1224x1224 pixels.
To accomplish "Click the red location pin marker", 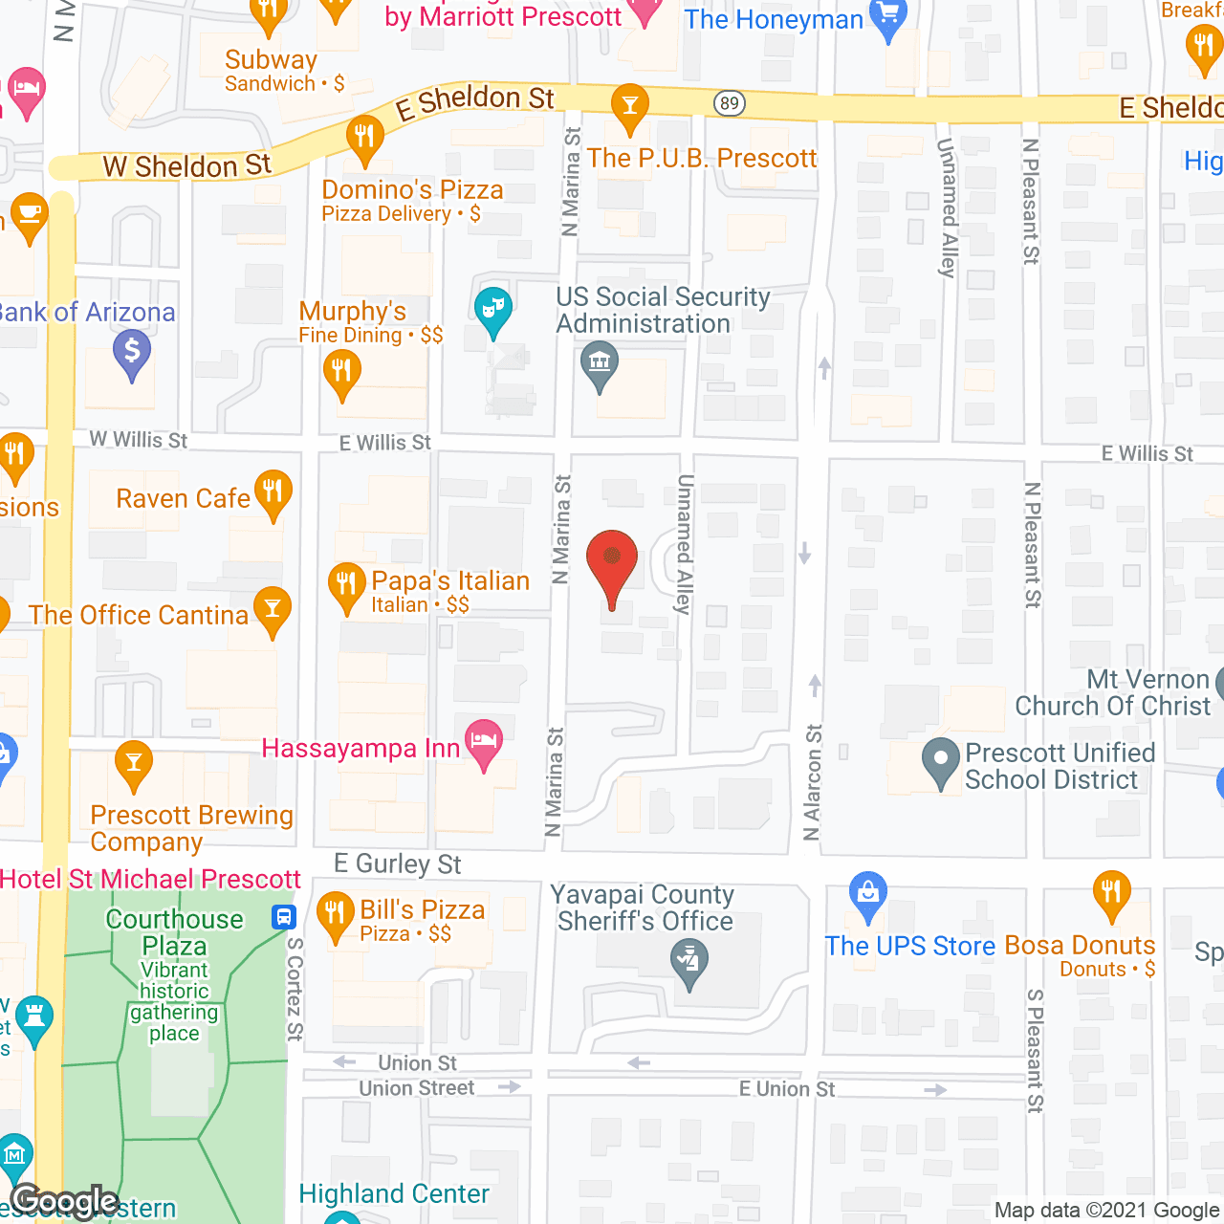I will point(611,563).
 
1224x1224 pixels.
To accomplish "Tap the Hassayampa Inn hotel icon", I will point(484,742).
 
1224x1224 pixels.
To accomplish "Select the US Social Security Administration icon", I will point(600,364).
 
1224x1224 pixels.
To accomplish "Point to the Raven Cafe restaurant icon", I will point(273,492).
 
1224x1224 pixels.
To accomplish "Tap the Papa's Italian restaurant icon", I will point(345,585).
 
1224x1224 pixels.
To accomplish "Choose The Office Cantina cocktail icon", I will point(273,609).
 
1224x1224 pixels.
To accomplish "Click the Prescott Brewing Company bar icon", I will point(134,763).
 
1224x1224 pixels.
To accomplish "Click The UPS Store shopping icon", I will point(867,894).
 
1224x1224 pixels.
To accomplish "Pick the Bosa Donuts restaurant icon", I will point(1110,894).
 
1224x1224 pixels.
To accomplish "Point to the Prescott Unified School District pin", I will point(941,762).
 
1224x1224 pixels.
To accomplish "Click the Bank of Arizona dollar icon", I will point(132,352).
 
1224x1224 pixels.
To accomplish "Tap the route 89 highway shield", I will point(730,103).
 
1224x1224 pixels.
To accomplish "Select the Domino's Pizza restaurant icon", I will point(364,137).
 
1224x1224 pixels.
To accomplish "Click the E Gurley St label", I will point(397,863).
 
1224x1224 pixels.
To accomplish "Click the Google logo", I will point(65,1201).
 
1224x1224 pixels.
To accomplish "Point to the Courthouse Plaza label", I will point(174,932).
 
